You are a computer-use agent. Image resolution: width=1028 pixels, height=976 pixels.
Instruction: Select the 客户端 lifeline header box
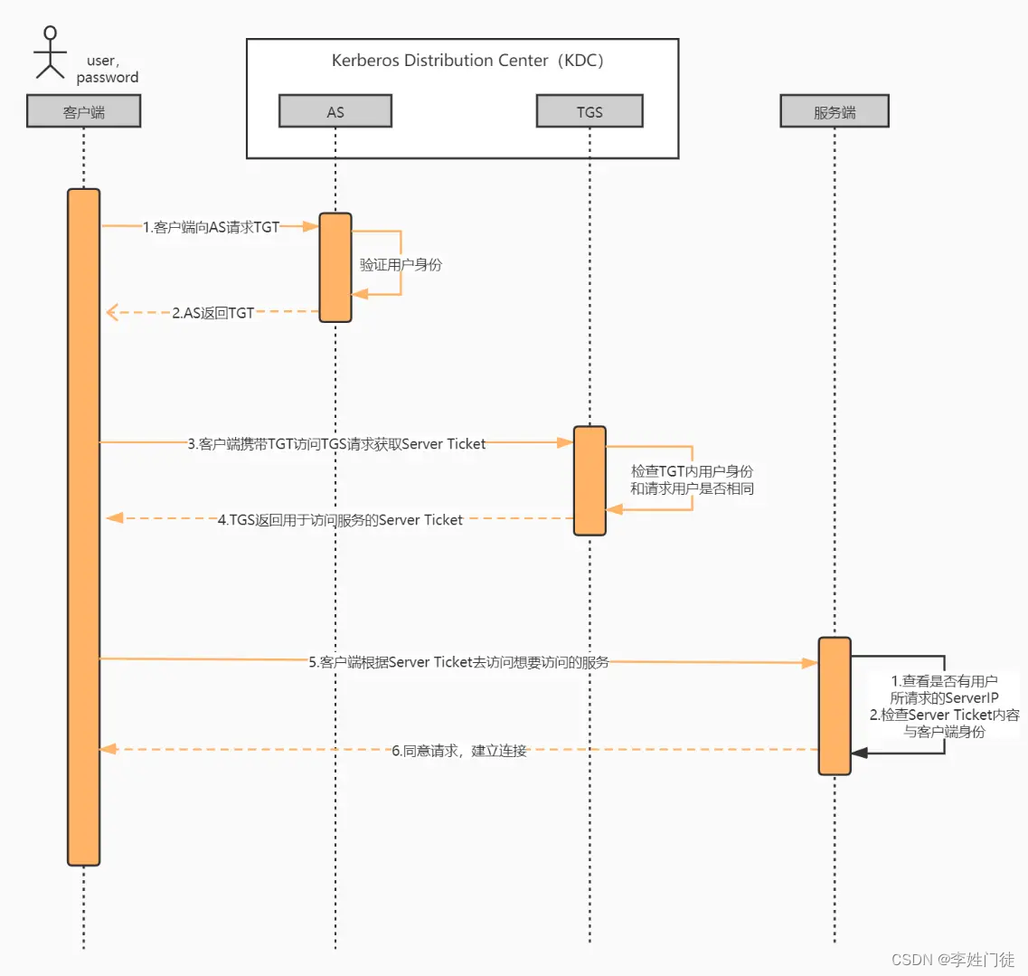click(83, 112)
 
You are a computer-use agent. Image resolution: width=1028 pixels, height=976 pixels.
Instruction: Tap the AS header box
click(335, 112)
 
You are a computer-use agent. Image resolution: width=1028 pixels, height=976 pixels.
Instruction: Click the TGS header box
click(589, 112)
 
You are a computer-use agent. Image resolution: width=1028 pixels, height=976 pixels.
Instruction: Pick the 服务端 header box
click(834, 112)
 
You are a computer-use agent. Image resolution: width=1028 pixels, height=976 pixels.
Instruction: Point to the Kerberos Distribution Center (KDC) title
click(467, 61)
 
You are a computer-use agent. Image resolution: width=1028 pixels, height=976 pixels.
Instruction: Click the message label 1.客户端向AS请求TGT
click(211, 227)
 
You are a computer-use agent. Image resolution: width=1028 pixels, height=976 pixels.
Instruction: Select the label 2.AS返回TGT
click(213, 313)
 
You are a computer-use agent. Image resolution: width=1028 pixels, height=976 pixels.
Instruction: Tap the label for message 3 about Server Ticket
click(336, 444)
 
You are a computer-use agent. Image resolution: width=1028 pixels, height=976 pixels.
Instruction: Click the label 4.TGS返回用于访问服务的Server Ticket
click(340, 520)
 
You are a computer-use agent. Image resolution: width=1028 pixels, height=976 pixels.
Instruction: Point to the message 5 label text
click(458, 662)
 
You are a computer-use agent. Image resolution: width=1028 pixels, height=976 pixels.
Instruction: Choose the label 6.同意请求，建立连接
click(458, 751)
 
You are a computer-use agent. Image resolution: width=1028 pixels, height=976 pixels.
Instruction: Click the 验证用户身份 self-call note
click(401, 264)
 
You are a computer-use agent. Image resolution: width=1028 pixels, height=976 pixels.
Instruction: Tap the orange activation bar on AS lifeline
click(335, 268)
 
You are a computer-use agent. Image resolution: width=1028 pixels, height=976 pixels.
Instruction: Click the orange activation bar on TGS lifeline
click(589, 480)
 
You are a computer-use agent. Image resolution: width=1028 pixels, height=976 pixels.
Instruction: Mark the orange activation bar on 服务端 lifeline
click(835, 706)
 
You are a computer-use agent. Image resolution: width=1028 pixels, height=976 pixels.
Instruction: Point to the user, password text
click(107, 69)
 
